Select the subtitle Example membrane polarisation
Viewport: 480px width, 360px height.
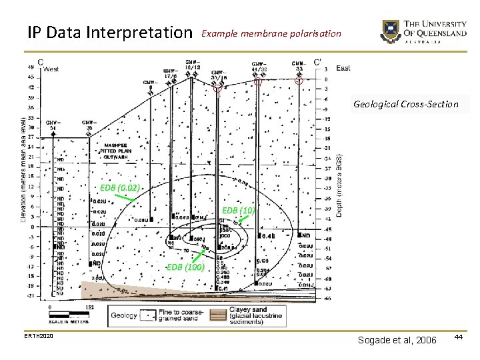coord(271,33)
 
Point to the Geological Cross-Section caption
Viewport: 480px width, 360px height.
coord(406,104)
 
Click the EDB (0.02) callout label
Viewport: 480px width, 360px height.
coord(120,188)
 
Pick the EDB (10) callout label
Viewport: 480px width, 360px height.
coord(238,211)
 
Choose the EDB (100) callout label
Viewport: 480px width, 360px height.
coord(185,267)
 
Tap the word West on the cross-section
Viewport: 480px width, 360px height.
coord(51,69)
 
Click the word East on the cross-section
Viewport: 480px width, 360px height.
coord(343,68)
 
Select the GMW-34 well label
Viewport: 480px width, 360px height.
coord(51,125)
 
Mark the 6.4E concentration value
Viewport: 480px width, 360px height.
coord(269,236)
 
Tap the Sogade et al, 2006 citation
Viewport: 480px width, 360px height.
coord(397,341)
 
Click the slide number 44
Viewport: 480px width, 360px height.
coord(458,339)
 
